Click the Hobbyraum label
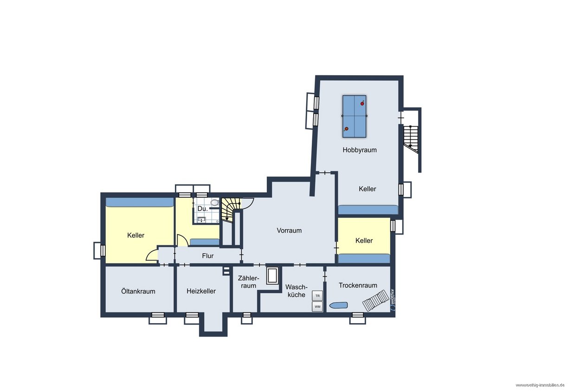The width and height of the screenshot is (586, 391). [x=360, y=150]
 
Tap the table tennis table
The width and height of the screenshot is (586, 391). [x=354, y=116]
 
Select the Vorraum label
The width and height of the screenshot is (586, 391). [x=289, y=230]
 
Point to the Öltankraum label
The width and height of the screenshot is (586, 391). [x=138, y=291]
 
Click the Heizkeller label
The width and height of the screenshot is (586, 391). [x=201, y=291]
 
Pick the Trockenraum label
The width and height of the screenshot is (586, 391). [x=358, y=285]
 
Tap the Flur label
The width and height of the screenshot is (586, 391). [x=208, y=256]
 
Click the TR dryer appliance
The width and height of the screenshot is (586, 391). [x=317, y=296]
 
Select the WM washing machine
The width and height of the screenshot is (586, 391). [x=317, y=306]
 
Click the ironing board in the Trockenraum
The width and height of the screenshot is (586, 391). [x=339, y=305]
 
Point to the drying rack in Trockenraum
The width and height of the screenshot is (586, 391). [x=375, y=300]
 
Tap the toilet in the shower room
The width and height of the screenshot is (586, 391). [x=215, y=202]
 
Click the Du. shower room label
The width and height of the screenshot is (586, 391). [x=202, y=209]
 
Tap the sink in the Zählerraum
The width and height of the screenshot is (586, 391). [x=272, y=275]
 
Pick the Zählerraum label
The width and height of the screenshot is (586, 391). [x=248, y=282]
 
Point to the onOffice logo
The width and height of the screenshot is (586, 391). [x=393, y=300]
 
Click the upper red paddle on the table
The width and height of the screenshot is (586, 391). [x=362, y=103]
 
